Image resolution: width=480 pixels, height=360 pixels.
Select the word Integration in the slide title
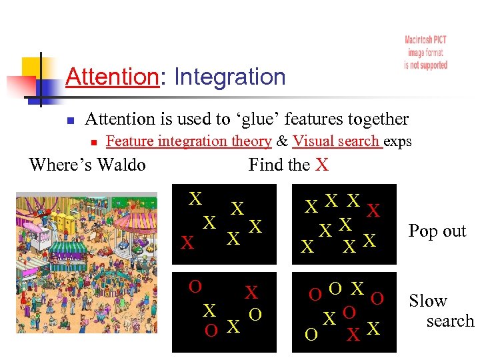click(229, 77)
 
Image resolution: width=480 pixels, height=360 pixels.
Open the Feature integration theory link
click(189, 141)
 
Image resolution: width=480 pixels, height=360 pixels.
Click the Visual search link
click(336, 141)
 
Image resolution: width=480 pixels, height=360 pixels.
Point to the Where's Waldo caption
click(87, 164)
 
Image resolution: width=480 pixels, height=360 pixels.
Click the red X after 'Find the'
click(322, 165)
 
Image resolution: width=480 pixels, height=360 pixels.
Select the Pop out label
click(437, 231)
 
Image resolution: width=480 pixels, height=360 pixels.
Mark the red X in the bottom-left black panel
click(251, 292)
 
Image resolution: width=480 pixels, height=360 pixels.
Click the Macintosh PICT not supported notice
click(425, 53)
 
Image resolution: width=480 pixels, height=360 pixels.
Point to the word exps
click(399, 141)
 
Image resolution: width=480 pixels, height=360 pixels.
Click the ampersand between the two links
click(282, 141)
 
